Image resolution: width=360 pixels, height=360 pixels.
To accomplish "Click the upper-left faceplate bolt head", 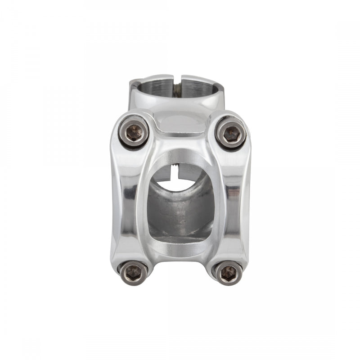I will click(x=134, y=132).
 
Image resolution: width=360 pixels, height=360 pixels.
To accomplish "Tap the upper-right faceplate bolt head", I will click(x=231, y=133).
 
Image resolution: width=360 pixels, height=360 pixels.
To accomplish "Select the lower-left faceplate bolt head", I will click(x=133, y=271).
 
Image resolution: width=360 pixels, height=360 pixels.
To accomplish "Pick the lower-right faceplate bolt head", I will click(x=228, y=272).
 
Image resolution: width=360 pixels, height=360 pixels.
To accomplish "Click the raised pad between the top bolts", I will click(x=182, y=124).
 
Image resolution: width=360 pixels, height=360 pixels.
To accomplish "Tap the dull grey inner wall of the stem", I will click(x=180, y=211).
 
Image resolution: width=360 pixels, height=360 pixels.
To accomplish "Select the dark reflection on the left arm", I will click(x=129, y=193).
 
